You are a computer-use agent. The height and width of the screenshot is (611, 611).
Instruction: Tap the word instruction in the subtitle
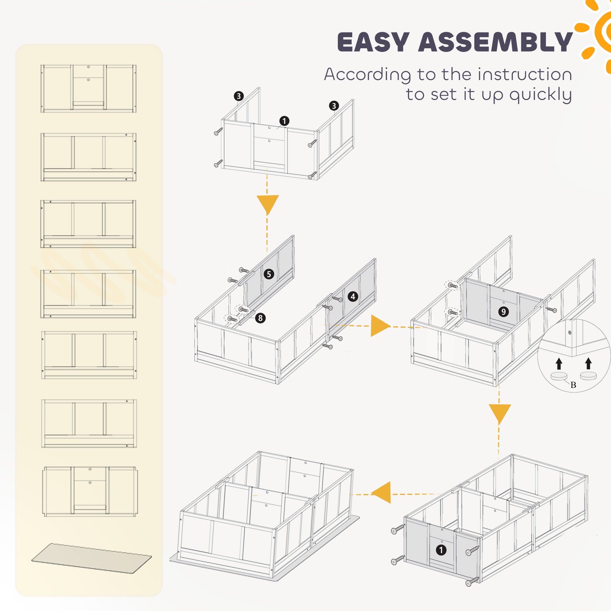tap(525, 75)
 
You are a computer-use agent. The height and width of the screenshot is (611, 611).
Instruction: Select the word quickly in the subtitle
tap(540, 95)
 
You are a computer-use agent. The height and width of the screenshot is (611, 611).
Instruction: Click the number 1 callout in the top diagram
tap(284, 121)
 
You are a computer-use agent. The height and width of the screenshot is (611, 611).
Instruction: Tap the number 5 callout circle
tap(269, 274)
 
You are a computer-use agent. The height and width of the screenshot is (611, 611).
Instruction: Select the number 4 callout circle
tap(353, 296)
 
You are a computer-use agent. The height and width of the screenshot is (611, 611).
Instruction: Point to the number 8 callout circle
tap(260, 318)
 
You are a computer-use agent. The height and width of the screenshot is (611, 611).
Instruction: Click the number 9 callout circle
tap(503, 312)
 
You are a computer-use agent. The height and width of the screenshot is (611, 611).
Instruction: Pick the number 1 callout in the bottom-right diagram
tap(441, 550)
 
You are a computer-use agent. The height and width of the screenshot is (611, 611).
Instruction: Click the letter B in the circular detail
tap(573, 385)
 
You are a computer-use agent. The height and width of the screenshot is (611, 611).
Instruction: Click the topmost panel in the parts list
tap(88, 89)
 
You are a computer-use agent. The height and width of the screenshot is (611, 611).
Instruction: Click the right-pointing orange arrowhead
tap(380, 325)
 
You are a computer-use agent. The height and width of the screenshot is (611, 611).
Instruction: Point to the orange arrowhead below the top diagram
tap(267, 204)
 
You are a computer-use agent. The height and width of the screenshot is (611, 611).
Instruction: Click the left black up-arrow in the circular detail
tap(559, 363)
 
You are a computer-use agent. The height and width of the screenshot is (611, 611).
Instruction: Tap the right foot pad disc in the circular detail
tap(588, 376)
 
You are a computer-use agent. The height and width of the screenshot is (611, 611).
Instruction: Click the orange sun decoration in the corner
tap(598, 32)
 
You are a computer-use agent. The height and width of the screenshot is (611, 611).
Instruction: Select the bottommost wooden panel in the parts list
tap(90, 491)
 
